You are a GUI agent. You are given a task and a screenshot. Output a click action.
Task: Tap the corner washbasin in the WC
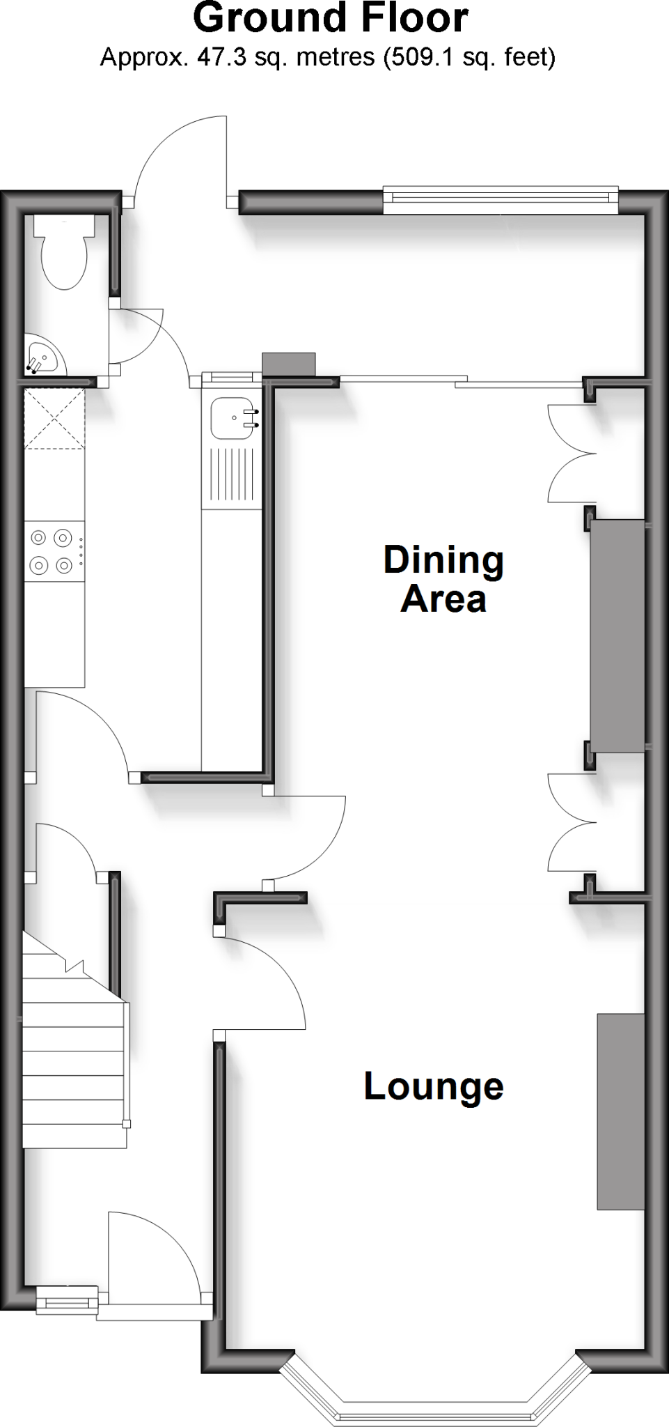[x=44, y=355]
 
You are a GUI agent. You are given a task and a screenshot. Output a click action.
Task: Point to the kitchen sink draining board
[x=232, y=477]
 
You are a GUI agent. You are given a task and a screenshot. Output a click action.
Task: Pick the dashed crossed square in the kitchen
[x=54, y=419]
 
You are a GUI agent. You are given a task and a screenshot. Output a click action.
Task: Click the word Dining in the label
[x=443, y=561]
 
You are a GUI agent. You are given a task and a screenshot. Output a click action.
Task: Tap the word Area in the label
[x=443, y=600]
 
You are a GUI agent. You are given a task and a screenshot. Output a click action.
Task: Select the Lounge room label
[x=434, y=1086]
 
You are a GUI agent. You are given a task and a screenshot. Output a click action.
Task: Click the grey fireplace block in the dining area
[x=617, y=635]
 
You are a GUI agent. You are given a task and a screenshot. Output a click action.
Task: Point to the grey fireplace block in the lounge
[x=620, y=1111]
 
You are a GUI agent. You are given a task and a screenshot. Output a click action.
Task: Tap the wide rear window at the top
[x=500, y=200]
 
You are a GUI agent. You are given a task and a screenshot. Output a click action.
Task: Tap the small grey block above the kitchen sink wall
[x=288, y=364]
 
